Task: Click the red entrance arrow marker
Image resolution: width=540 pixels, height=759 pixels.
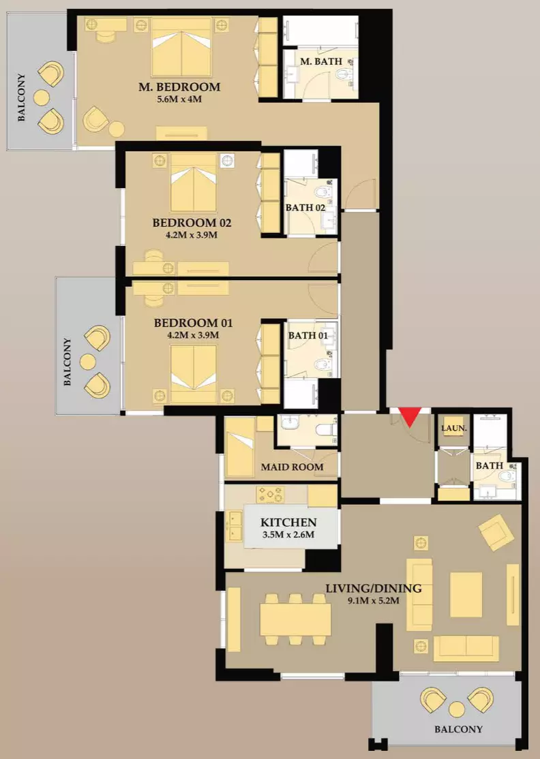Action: pos(410,416)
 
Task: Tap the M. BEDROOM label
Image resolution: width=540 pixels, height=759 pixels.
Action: pos(179,87)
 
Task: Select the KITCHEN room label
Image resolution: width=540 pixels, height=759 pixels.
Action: pos(288,523)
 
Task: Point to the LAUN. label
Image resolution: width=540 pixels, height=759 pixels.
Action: pos(454,429)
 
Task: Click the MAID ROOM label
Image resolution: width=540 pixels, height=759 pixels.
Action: pos(292,467)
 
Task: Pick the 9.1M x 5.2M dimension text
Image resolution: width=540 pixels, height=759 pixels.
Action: pos(374,601)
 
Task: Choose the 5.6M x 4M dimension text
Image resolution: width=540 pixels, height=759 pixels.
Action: pos(179,99)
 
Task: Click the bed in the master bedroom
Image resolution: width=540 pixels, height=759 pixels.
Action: pos(181,48)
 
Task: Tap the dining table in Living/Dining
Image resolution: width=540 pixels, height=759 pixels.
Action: pos(295,619)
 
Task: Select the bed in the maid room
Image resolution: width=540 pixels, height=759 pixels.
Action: pos(240,448)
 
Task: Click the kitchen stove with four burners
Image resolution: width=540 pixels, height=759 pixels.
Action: pos(270,495)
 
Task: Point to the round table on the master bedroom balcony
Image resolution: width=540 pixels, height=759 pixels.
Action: pos(41,98)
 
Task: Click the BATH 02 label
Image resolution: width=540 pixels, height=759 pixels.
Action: pos(305,208)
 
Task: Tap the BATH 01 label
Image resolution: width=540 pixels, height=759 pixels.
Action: pos(308,335)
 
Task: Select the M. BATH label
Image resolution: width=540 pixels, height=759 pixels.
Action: pos(321,61)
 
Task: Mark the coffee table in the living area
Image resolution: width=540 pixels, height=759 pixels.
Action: pos(466,594)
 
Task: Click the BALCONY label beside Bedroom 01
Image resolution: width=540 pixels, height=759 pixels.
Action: pos(67,362)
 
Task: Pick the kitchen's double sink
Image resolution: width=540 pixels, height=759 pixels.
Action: pos(235,526)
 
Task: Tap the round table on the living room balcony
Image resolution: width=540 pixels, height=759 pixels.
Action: pos(457,709)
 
